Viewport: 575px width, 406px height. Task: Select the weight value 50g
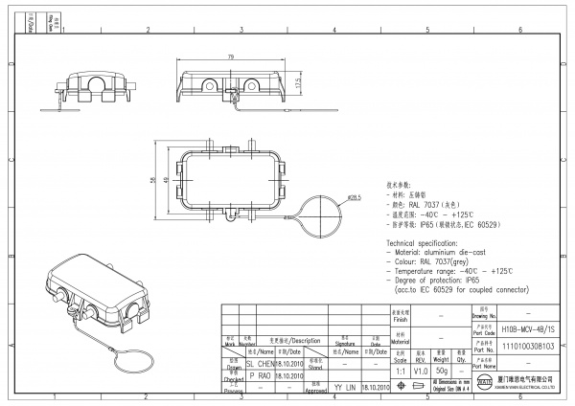[443, 370]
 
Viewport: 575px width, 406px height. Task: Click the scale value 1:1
[400, 370]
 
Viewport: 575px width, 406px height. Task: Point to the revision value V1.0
[421, 370]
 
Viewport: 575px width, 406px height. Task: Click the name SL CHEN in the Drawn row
[261, 364]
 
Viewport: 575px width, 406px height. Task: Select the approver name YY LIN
[343, 388]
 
